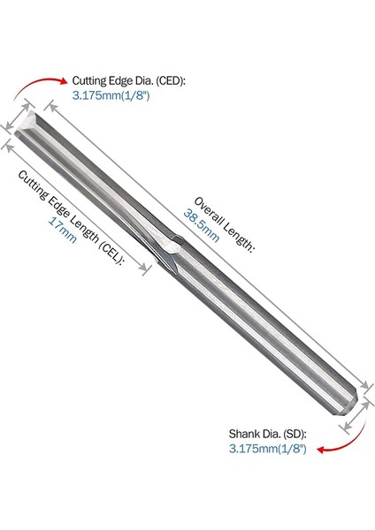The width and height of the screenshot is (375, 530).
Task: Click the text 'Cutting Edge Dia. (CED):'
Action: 129,81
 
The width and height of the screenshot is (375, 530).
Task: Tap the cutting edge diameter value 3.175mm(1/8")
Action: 111,95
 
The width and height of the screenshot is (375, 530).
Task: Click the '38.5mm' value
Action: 202,225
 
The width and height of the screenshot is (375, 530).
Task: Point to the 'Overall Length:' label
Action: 224,224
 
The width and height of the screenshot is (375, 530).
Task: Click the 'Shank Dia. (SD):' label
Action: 267,434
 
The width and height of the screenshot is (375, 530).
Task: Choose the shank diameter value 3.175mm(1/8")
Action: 267,449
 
